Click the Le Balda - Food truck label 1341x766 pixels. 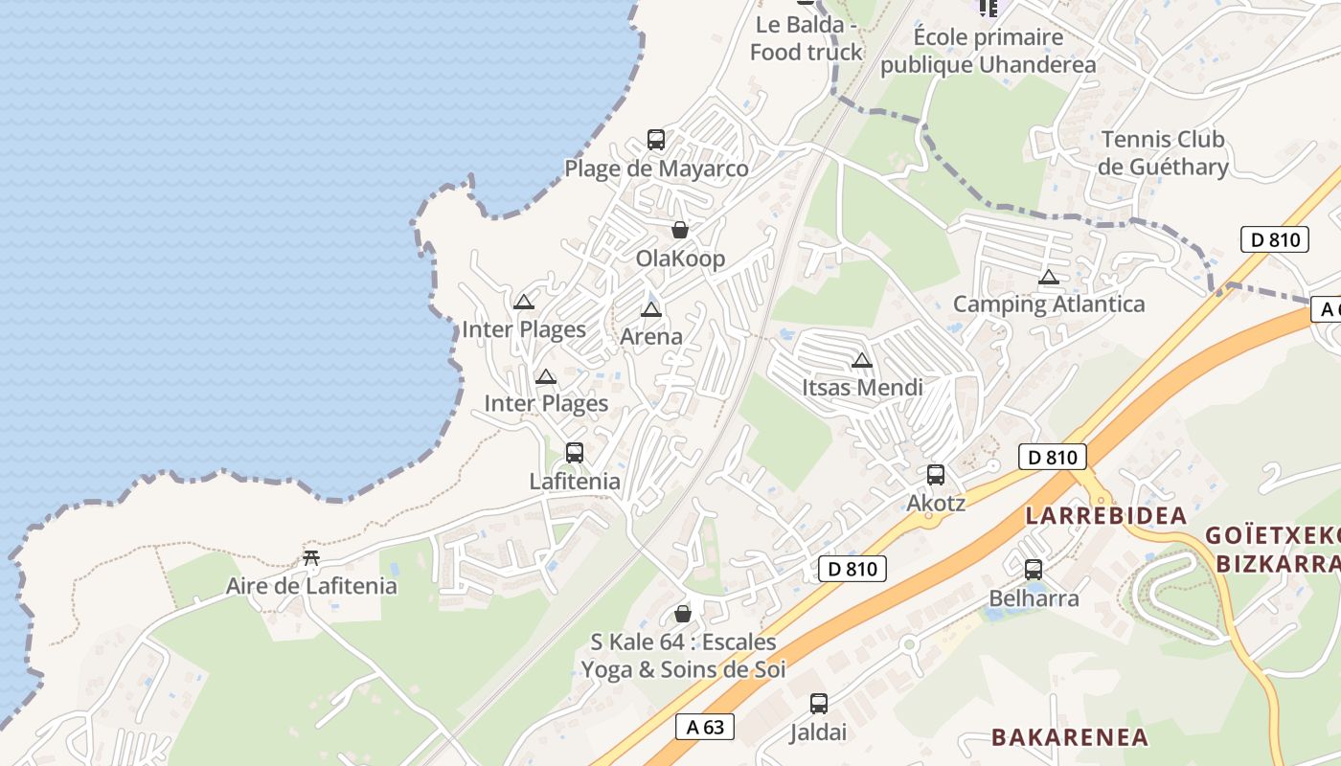(x=806, y=38)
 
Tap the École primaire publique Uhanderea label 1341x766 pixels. (x=988, y=52)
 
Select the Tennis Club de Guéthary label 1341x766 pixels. (x=1163, y=153)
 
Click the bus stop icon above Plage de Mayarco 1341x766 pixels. (x=656, y=140)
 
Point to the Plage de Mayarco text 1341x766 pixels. (x=656, y=169)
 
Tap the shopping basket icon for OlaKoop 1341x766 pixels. (x=680, y=230)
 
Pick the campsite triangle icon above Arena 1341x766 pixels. (x=651, y=309)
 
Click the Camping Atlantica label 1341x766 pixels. (x=1049, y=304)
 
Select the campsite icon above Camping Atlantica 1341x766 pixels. (x=1049, y=278)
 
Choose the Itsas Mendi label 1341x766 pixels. (x=862, y=388)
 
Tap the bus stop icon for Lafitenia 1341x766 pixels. (x=575, y=453)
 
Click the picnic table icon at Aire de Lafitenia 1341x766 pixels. (x=310, y=557)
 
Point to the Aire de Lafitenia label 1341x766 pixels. (x=311, y=586)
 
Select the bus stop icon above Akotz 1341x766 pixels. (x=936, y=474)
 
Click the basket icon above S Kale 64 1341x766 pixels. (x=683, y=614)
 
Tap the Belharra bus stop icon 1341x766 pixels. (x=1034, y=570)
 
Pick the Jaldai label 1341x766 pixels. (x=818, y=732)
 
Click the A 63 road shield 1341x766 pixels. (x=705, y=727)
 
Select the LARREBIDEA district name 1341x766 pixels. (x=1106, y=516)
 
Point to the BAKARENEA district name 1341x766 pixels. (x=1070, y=737)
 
